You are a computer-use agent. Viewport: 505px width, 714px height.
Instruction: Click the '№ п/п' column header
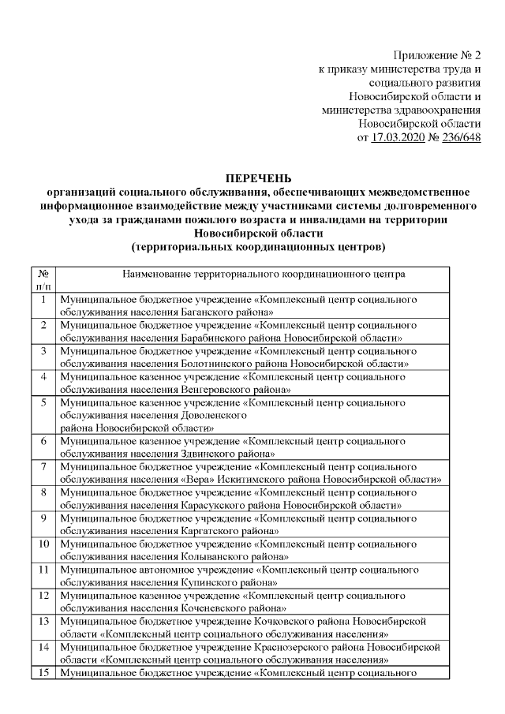tap(44, 281)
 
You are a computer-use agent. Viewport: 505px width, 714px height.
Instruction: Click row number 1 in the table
tap(44, 301)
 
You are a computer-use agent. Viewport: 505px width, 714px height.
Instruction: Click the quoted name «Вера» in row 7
tap(192, 480)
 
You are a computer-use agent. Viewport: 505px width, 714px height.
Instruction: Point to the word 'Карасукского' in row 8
tap(210, 505)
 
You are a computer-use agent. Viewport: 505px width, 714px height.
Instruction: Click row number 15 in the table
tap(44, 673)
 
